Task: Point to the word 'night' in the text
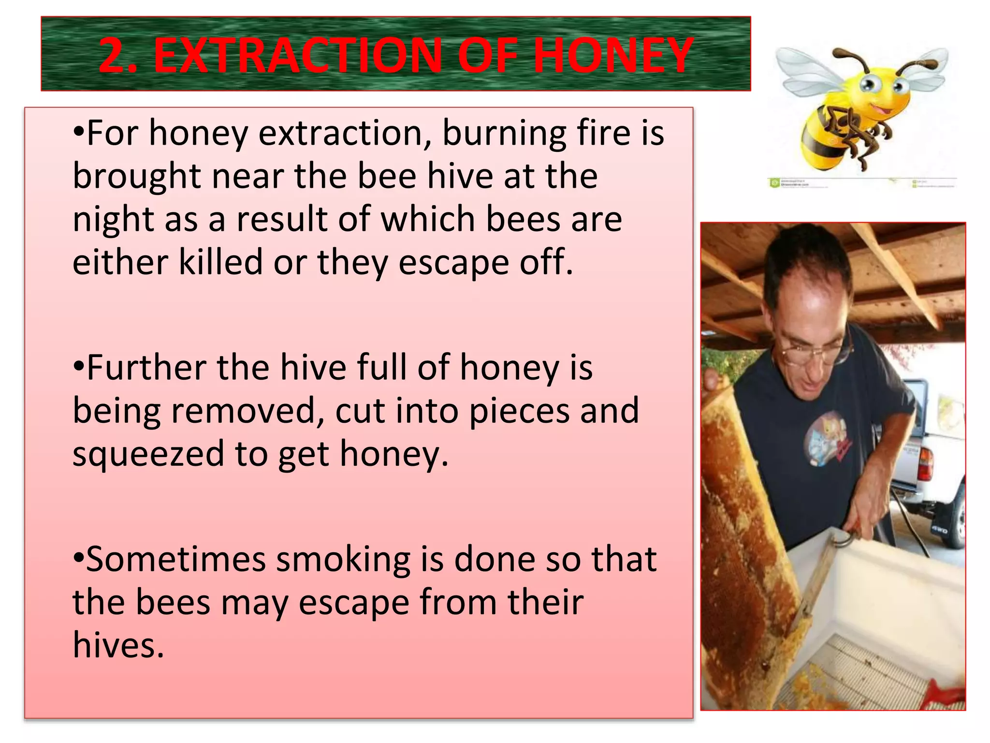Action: tap(111, 220)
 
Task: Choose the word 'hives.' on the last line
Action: tap(118, 645)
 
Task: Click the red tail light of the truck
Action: tap(924, 464)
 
